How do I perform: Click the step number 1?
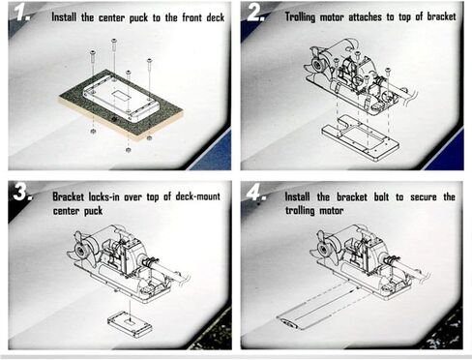pos(22,14)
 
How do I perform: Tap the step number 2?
pos(255,14)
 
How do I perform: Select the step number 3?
pos(22,193)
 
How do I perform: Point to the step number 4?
pos(255,193)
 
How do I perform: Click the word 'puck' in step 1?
pos(138,18)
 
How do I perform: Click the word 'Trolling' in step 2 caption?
pos(300,16)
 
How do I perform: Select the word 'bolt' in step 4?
pos(381,196)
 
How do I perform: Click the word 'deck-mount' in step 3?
pos(197,196)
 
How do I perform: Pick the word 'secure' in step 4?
pos(424,197)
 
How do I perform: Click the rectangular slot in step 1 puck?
pos(121,95)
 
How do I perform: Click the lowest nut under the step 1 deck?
pos(128,150)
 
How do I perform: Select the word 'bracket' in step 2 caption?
pos(441,16)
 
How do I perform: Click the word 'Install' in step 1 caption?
pos(64,17)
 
